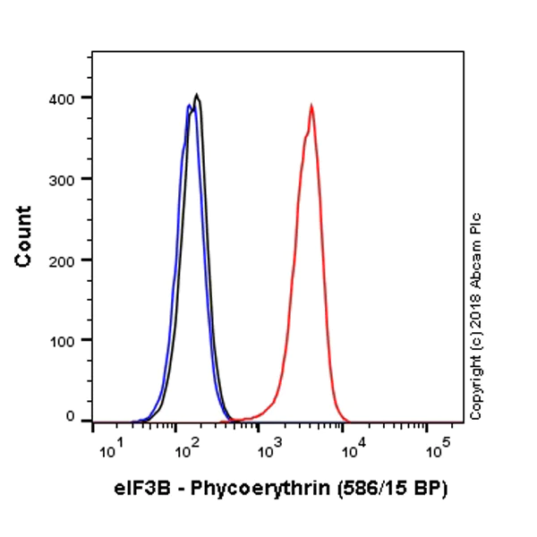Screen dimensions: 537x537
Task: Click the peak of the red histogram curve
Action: pos(311,106)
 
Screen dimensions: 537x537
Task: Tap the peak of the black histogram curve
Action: pos(196,94)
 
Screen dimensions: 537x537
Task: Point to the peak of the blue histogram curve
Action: pos(188,106)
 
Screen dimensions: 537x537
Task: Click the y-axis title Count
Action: pos(24,236)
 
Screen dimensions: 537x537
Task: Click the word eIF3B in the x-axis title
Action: pos(139,490)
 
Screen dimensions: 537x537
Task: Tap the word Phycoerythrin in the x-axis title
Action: pos(239,490)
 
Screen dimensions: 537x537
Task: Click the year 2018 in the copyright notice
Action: pos(475,320)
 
